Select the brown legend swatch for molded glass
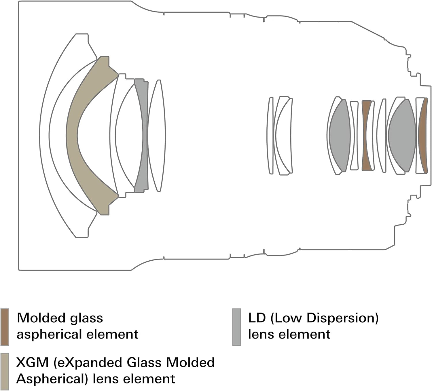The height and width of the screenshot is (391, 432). [x=5, y=327]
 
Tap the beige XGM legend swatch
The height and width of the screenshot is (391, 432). [x=5, y=371]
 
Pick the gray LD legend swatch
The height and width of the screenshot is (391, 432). [x=236, y=327]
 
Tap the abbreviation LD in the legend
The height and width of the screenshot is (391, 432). [x=257, y=318]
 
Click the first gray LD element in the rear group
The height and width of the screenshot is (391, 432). [x=340, y=136]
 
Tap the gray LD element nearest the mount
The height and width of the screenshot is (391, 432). [x=402, y=136]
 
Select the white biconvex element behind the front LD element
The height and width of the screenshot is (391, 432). [x=157, y=136]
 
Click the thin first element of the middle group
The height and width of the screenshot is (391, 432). [x=270, y=136]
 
